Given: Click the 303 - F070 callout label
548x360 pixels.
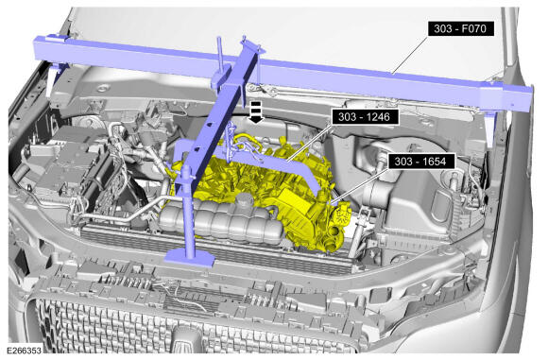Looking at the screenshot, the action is [461, 28].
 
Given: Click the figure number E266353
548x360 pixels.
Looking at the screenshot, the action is [24, 350].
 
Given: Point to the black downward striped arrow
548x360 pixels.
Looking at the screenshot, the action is [256, 111].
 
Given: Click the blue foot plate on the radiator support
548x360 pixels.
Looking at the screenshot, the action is [189, 258].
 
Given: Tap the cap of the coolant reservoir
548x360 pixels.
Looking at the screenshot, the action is [245, 199].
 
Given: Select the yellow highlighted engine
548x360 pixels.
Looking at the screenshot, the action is [259, 189].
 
